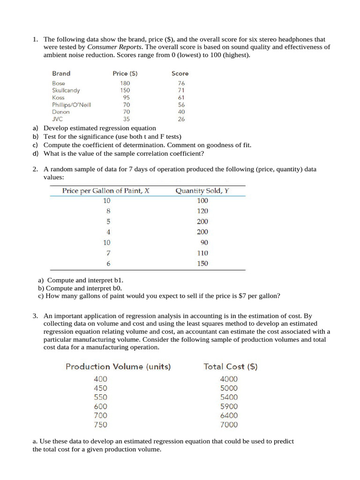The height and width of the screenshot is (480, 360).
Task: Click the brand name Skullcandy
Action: [x=66, y=90]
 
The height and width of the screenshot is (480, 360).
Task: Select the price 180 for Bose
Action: [x=125, y=83]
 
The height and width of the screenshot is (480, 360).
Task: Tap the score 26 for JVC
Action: [x=181, y=119]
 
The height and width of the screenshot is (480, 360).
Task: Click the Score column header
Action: [x=180, y=74]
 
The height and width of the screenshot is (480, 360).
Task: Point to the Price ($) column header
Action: [x=125, y=74]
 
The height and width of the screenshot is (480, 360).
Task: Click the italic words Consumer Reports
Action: [x=114, y=47]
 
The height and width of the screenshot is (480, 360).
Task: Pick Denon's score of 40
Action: [x=181, y=112]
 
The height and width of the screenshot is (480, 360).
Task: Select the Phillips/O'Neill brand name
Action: [x=71, y=105]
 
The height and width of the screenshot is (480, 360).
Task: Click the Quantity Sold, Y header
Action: [x=202, y=191]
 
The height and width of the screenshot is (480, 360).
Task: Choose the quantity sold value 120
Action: [x=202, y=211]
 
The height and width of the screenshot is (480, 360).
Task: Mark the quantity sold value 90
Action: [x=204, y=242]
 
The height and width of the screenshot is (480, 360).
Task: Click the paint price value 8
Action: [x=108, y=211]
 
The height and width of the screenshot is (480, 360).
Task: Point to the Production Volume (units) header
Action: [x=118, y=367]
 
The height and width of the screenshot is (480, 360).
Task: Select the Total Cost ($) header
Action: [x=230, y=367]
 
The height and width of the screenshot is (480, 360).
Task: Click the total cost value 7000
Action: [x=229, y=425]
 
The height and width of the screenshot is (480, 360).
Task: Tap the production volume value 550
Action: [x=100, y=397]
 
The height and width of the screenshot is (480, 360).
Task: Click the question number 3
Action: [x=35, y=316]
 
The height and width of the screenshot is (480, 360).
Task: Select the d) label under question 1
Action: [x=35, y=153]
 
